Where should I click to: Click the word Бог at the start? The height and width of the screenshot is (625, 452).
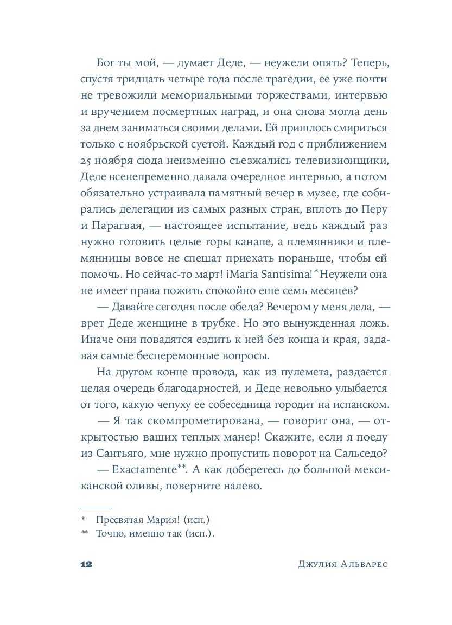[106, 63]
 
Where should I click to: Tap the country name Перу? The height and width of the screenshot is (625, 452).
[375, 210]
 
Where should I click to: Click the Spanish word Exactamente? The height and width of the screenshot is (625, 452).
[143, 470]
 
